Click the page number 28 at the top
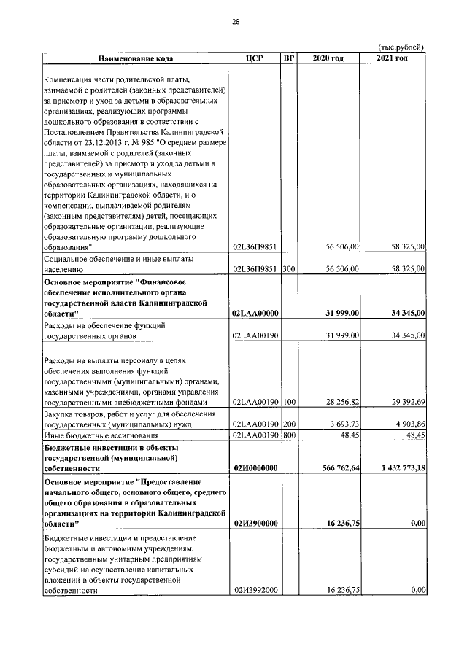[x=236, y=21]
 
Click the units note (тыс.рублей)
[x=401, y=47]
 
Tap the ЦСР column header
[x=254, y=58]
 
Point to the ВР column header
[x=288, y=58]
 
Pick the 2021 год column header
[x=393, y=58]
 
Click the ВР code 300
[x=288, y=269]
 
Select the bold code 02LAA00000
[x=253, y=313]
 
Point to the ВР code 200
[x=288, y=424]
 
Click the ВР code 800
[x=288, y=435]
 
